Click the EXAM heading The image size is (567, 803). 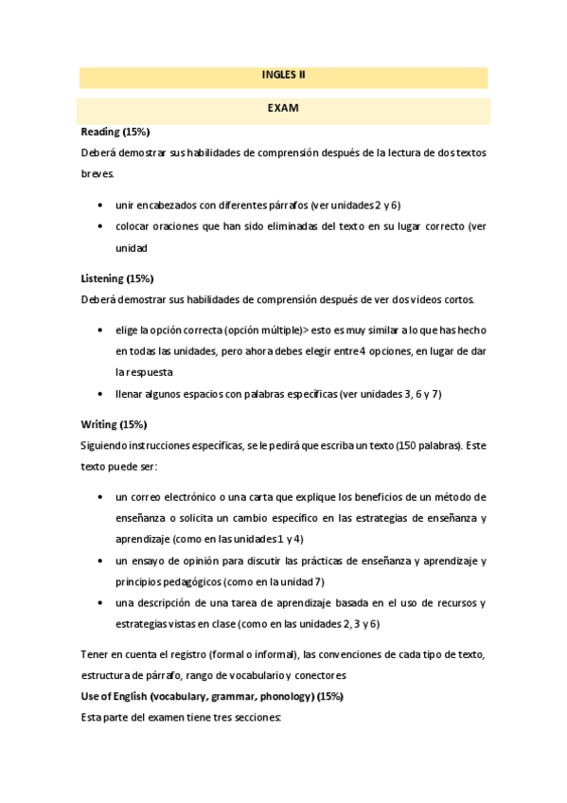point(283,109)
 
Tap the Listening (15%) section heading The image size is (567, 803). point(117,278)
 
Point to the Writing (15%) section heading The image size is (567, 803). point(114,425)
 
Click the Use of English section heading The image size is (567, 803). point(212,696)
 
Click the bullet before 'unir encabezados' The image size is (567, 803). point(101,205)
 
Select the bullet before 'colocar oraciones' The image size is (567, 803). point(101,227)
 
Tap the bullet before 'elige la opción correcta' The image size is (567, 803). point(101,330)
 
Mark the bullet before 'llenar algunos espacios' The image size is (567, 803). point(101,394)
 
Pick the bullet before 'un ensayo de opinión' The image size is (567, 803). point(101,561)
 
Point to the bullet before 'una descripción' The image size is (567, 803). point(101,603)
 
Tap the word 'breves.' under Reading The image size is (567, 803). point(98,174)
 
